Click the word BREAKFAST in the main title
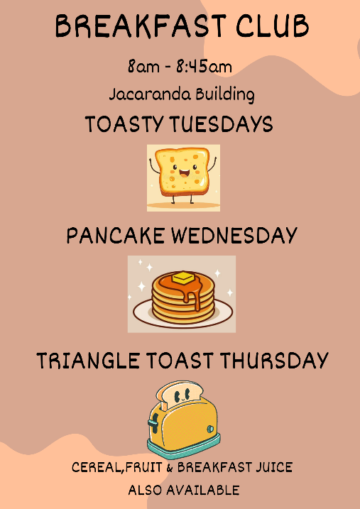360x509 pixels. [141, 26]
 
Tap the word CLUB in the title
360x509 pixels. [273, 26]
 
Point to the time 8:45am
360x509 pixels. [204, 67]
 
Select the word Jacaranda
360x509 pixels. [150, 94]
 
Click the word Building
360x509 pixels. [225, 94]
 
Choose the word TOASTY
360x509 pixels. [125, 124]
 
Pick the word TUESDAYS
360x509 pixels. [221, 124]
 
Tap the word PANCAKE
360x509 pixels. [115, 236]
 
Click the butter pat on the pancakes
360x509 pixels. [183, 278]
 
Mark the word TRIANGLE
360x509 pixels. [88, 361]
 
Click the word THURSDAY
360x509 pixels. [274, 361]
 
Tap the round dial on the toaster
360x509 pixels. [211, 429]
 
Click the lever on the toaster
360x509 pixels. [153, 422]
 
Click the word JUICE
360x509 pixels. [274, 467]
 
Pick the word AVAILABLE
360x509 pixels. [203, 490]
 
